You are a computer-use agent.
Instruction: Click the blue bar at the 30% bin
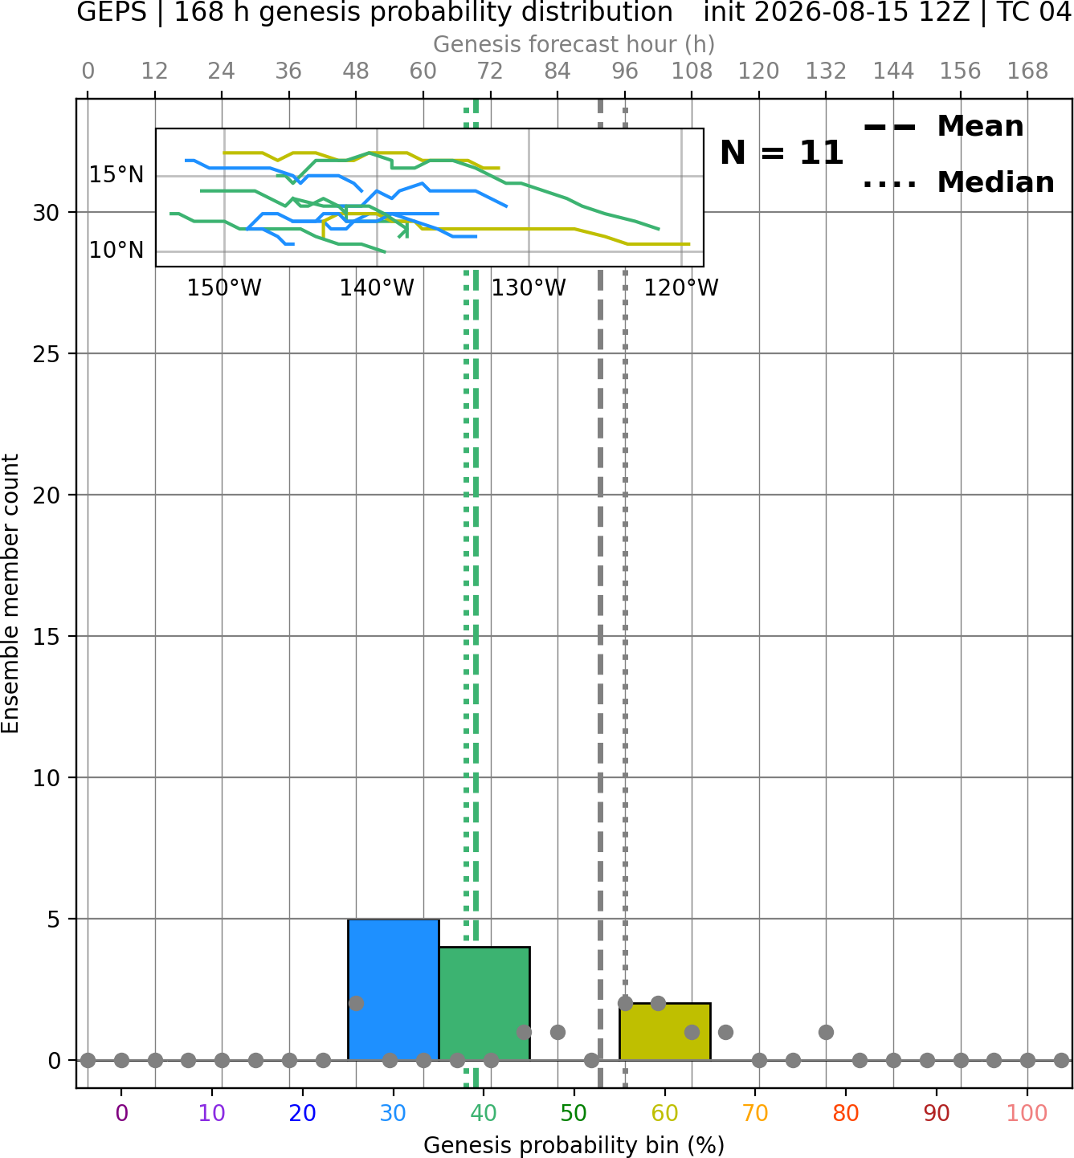(x=393, y=989)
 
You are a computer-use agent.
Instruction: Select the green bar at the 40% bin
(x=484, y=1004)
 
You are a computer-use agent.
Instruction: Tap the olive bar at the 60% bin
(x=665, y=1031)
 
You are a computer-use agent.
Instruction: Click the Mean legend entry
(x=943, y=127)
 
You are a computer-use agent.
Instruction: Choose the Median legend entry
(x=959, y=182)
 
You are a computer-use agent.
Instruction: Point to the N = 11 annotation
(x=782, y=153)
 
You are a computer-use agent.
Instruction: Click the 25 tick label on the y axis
(x=46, y=354)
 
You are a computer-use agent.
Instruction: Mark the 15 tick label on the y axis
(x=46, y=637)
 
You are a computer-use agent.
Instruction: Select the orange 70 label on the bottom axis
(x=755, y=1114)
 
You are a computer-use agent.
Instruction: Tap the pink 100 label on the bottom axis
(x=1027, y=1114)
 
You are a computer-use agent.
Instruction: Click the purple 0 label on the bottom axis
(x=121, y=1114)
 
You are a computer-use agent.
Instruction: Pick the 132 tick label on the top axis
(x=826, y=71)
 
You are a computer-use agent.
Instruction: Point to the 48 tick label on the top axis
(x=356, y=71)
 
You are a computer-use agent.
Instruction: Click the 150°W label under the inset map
(x=224, y=288)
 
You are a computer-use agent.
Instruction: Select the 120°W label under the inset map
(x=681, y=288)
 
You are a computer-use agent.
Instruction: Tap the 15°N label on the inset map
(x=116, y=175)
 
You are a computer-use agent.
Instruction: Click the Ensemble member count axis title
(x=10, y=593)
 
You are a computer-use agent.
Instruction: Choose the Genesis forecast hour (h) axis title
(x=574, y=44)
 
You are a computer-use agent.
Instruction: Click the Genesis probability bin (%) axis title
(x=574, y=1145)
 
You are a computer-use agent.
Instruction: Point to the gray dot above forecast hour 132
(x=826, y=1032)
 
